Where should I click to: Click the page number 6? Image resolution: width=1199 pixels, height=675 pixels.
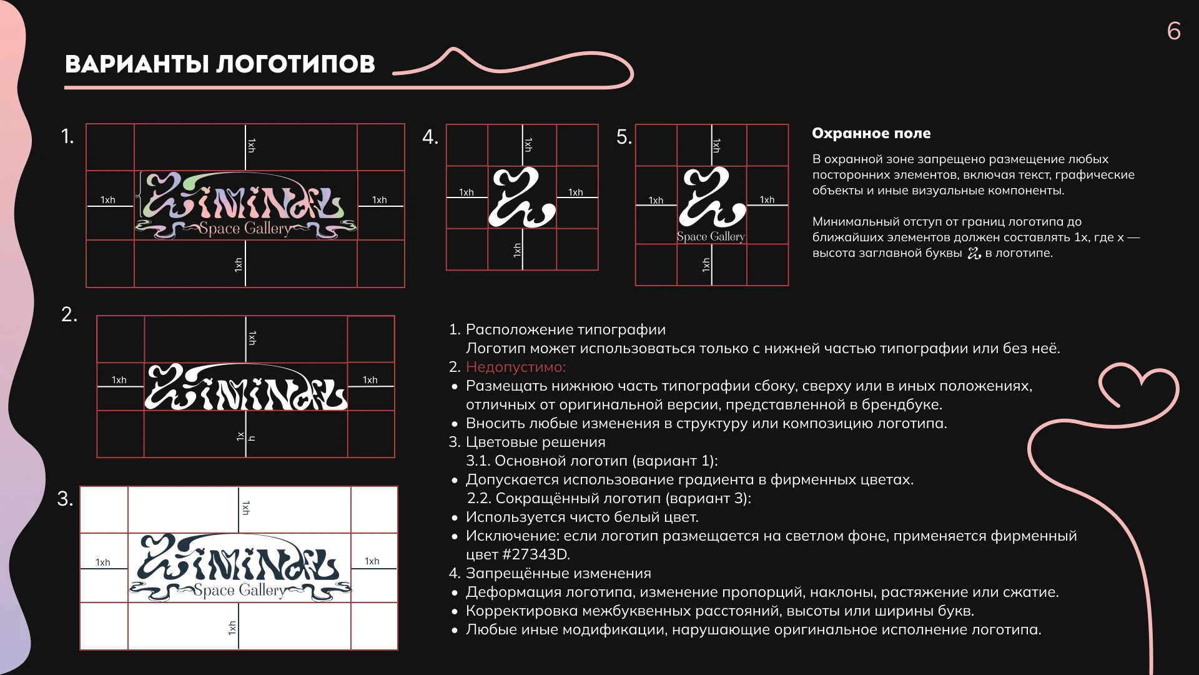(x=1173, y=31)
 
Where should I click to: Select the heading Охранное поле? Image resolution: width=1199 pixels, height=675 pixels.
(x=871, y=133)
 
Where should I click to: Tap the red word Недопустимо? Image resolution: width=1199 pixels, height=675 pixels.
(x=515, y=367)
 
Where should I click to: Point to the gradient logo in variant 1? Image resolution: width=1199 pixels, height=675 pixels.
(x=245, y=205)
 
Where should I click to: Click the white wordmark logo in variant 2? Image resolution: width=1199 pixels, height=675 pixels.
(x=245, y=387)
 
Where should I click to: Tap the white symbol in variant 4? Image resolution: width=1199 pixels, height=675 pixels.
(x=521, y=197)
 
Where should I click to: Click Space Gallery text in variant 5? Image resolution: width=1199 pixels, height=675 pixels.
(x=711, y=236)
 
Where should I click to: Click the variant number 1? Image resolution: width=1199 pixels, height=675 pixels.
(x=67, y=136)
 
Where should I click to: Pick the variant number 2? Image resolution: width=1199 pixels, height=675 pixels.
(x=69, y=314)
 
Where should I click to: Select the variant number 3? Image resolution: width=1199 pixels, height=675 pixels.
(x=65, y=499)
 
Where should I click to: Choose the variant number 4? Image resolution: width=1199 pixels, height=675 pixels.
(x=430, y=137)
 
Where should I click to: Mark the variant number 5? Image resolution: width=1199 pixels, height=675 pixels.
(x=623, y=137)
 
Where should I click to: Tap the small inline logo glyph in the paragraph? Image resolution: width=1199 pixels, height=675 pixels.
(x=974, y=253)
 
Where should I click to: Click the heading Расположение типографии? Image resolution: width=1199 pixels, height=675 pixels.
(x=565, y=329)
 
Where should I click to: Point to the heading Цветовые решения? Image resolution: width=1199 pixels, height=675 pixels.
(x=535, y=442)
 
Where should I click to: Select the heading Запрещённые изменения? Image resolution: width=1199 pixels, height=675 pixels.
(x=558, y=573)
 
